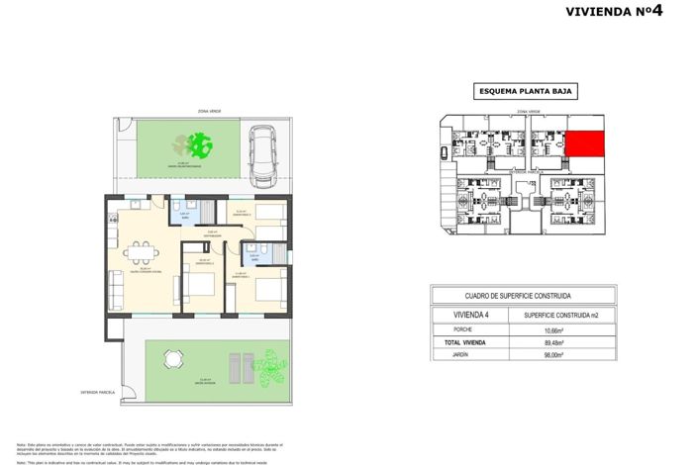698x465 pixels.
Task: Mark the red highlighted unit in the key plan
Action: [585, 145]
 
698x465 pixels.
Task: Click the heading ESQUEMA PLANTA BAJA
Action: [526, 92]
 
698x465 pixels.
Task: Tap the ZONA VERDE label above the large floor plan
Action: [209, 112]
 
